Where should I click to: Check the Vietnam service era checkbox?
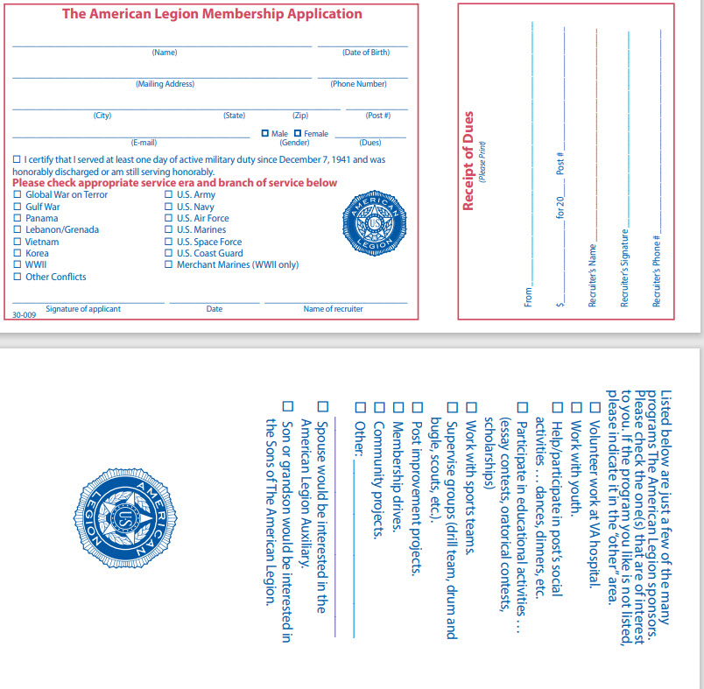tap(17, 242)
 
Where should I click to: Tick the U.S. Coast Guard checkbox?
tap(168, 253)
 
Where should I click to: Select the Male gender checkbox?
tap(265, 133)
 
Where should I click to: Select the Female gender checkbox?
tap(298, 133)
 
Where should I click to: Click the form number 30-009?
tap(23, 313)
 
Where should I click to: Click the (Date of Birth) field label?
tap(365, 53)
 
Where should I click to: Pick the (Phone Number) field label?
tap(358, 84)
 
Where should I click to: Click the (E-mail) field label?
tap(144, 143)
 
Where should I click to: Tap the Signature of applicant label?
tap(83, 308)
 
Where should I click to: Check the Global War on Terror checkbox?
tap(17, 194)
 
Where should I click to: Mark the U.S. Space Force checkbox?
tap(168, 242)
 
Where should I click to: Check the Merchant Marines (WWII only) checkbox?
tap(168, 264)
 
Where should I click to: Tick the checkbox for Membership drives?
tap(398, 406)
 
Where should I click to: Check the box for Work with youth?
tap(575, 406)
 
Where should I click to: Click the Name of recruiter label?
tap(333, 308)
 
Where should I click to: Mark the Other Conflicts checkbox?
tap(17, 277)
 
